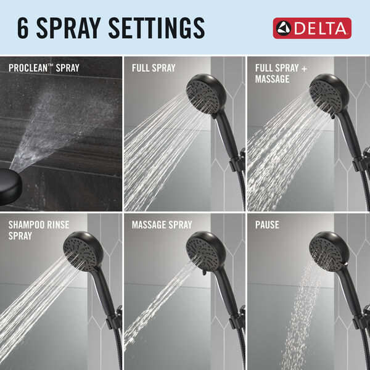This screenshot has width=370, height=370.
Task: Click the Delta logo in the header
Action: [312, 28]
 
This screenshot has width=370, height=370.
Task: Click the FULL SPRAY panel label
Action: [154, 67]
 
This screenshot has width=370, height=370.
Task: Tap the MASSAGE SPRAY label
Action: [162, 225]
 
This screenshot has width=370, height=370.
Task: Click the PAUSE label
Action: [268, 225]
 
